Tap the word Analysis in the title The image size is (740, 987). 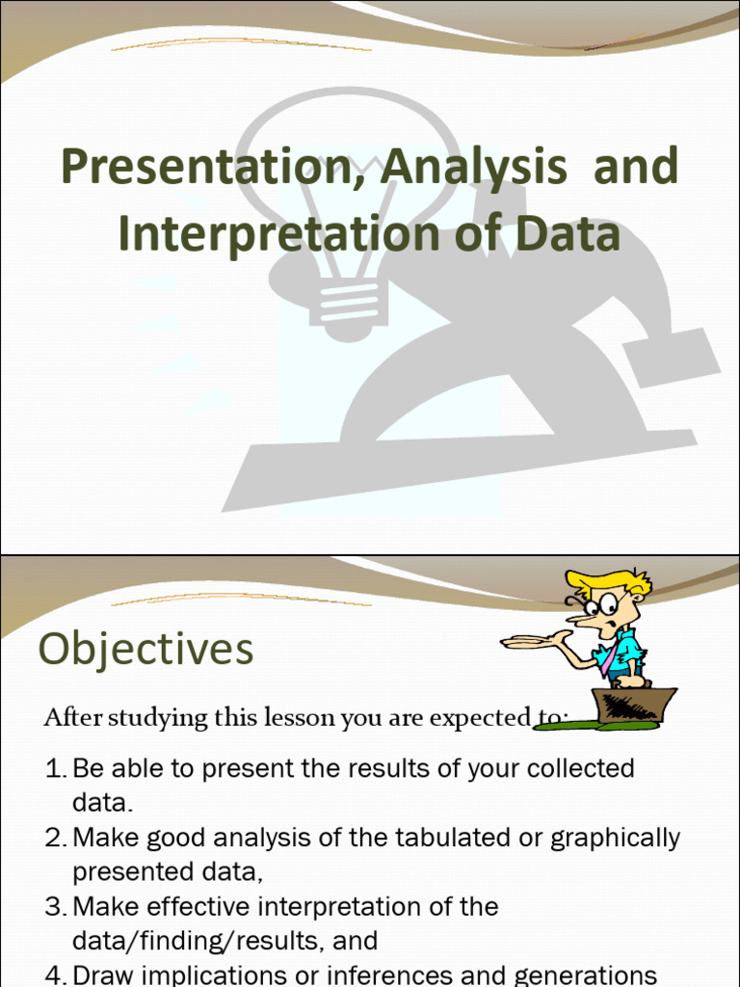(x=473, y=168)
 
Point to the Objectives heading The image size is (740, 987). (x=145, y=649)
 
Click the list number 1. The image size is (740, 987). (x=55, y=769)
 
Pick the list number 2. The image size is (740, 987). (x=55, y=839)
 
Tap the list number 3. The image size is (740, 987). (x=55, y=907)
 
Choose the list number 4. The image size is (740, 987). (x=55, y=975)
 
